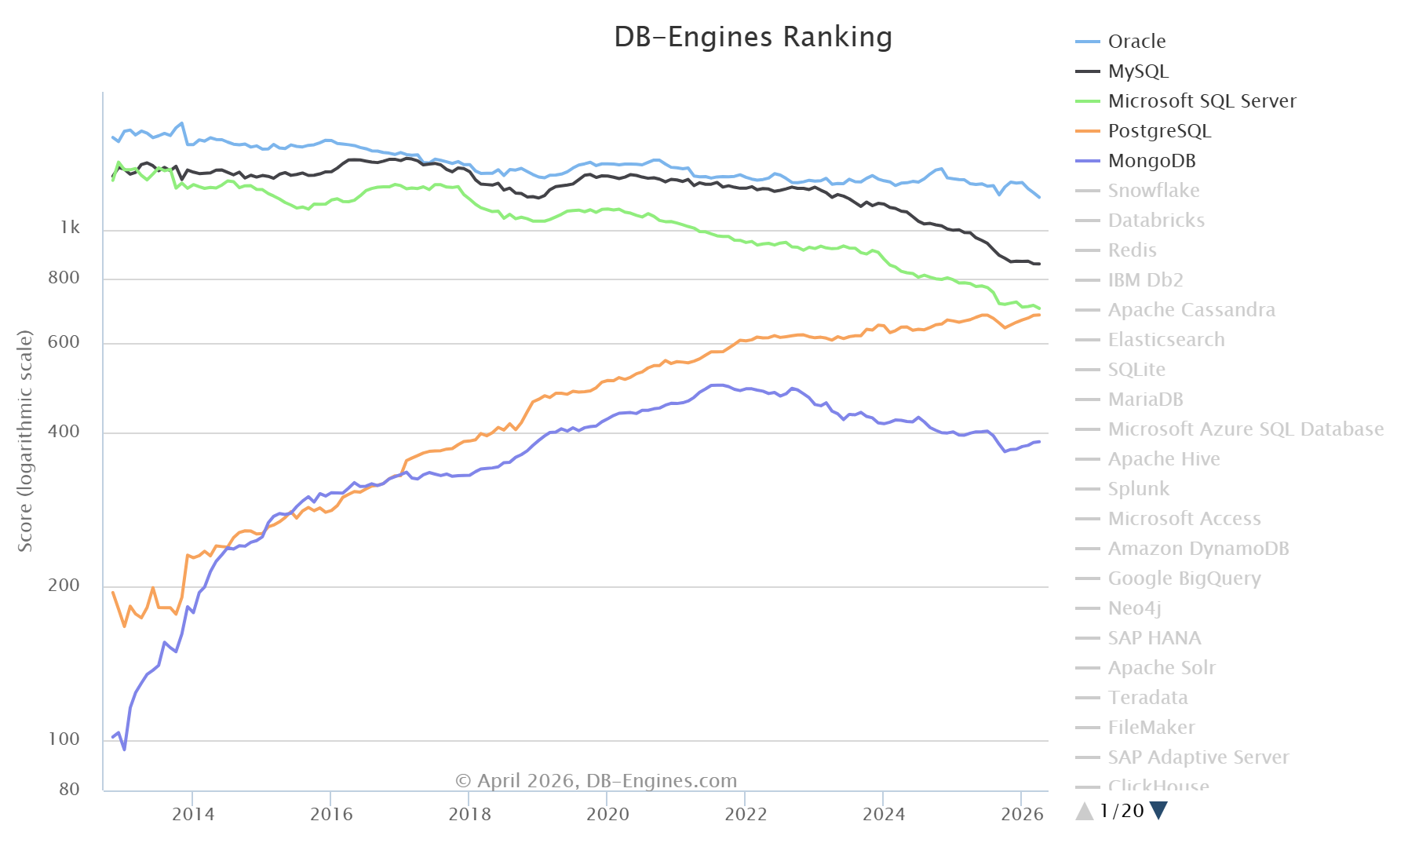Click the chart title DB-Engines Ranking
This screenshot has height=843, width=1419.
[753, 37]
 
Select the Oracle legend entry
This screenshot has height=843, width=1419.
[1136, 42]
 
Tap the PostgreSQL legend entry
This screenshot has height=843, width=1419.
[1158, 131]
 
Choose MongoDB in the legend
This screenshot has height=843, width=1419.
[1151, 161]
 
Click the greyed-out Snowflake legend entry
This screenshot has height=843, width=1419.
[1153, 191]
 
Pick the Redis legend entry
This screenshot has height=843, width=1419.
[1132, 250]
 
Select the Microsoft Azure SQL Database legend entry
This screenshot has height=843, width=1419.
[1245, 429]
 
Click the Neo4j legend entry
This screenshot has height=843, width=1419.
[1134, 608]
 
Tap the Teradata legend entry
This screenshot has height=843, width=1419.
[1147, 698]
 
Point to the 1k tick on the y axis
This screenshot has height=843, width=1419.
[70, 228]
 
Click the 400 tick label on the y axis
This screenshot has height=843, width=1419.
[64, 432]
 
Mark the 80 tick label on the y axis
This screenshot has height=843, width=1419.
[69, 790]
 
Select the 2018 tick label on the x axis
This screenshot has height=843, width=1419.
[469, 814]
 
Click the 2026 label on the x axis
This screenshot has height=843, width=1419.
[1022, 814]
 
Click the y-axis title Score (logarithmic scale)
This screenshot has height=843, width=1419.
[25, 441]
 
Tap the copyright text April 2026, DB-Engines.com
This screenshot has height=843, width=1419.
[596, 781]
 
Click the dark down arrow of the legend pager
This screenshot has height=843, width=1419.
[1158, 811]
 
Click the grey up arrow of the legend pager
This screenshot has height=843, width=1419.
[1085, 811]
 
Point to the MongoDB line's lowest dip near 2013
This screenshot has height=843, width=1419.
[124, 750]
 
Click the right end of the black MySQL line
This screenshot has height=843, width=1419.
[1039, 264]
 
